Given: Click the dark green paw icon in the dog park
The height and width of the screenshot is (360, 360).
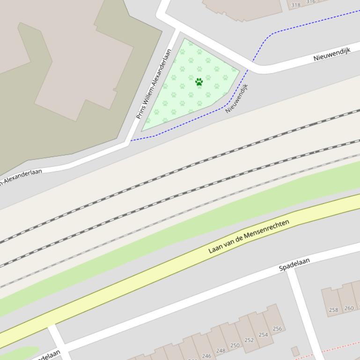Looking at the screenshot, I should (x=199, y=82).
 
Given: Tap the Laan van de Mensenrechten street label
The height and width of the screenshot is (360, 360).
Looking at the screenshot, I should (x=249, y=236).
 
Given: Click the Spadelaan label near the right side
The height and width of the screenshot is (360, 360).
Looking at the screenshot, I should (x=294, y=265).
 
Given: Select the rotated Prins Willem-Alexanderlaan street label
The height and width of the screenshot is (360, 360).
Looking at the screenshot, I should (x=154, y=84).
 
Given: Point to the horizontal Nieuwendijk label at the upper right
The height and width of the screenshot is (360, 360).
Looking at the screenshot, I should (x=332, y=55).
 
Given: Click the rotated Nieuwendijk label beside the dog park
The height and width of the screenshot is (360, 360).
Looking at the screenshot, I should (x=236, y=98).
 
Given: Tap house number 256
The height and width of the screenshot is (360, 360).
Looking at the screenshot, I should (x=277, y=329).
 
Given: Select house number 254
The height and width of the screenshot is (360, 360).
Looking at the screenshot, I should (x=263, y=335).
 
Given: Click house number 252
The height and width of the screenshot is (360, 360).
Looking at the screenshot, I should (x=249, y=340).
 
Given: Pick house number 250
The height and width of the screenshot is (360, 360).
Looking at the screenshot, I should (x=235, y=346).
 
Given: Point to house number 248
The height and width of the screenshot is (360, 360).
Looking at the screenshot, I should (x=220, y=351).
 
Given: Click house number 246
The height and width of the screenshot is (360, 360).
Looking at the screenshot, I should (x=206, y=356).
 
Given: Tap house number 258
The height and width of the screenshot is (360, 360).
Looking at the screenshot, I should (x=333, y=310).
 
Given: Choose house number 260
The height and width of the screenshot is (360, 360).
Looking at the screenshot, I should (x=349, y=308).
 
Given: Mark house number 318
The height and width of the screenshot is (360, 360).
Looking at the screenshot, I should (x=296, y=5).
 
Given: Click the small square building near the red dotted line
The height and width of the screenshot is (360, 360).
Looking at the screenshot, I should (x=295, y=351).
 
